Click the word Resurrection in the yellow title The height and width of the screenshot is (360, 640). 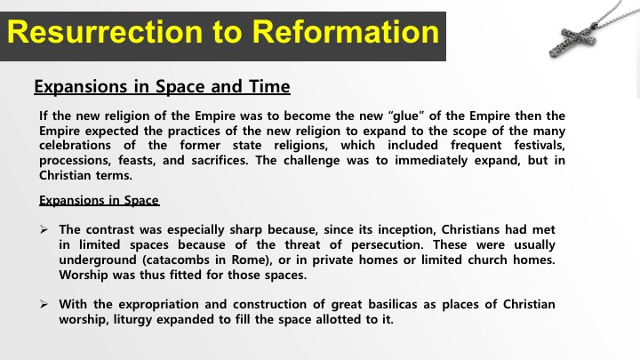coord(105,32)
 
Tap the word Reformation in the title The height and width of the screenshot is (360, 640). coord(345,32)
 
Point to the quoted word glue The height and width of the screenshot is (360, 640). coord(408,116)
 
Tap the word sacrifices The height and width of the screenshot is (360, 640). coord(220,160)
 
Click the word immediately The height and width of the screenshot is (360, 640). coord(431,160)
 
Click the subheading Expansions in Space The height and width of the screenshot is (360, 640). coord(100,200)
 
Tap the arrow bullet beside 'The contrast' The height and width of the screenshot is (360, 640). coord(44,230)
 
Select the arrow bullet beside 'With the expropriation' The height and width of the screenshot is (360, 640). coord(44,305)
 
